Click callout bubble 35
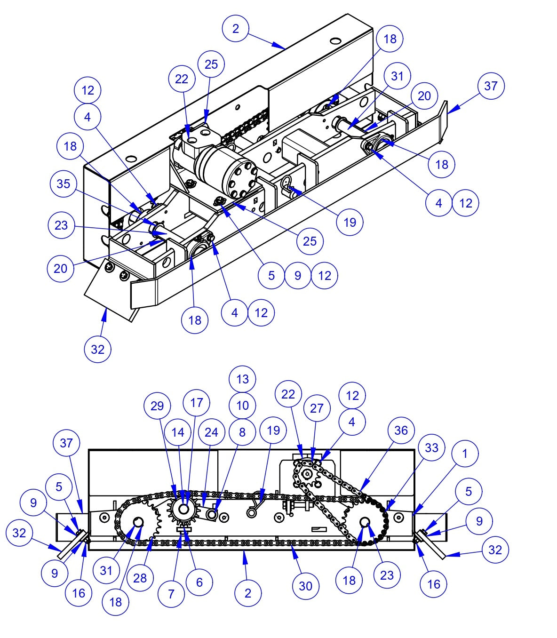(x=64, y=184)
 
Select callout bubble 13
(x=242, y=379)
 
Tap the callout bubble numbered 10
(x=242, y=405)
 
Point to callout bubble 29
(x=157, y=406)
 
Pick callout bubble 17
(x=196, y=402)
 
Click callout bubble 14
(x=178, y=432)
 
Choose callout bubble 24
(x=211, y=432)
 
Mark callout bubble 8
(x=242, y=432)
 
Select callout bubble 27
(x=317, y=408)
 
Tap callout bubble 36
(x=401, y=430)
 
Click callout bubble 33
(x=431, y=448)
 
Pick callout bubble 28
(x=140, y=578)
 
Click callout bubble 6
(x=199, y=582)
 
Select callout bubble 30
(x=306, y=586)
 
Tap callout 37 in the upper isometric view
(x=491, y=86)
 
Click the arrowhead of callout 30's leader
(x=294, y=546)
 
